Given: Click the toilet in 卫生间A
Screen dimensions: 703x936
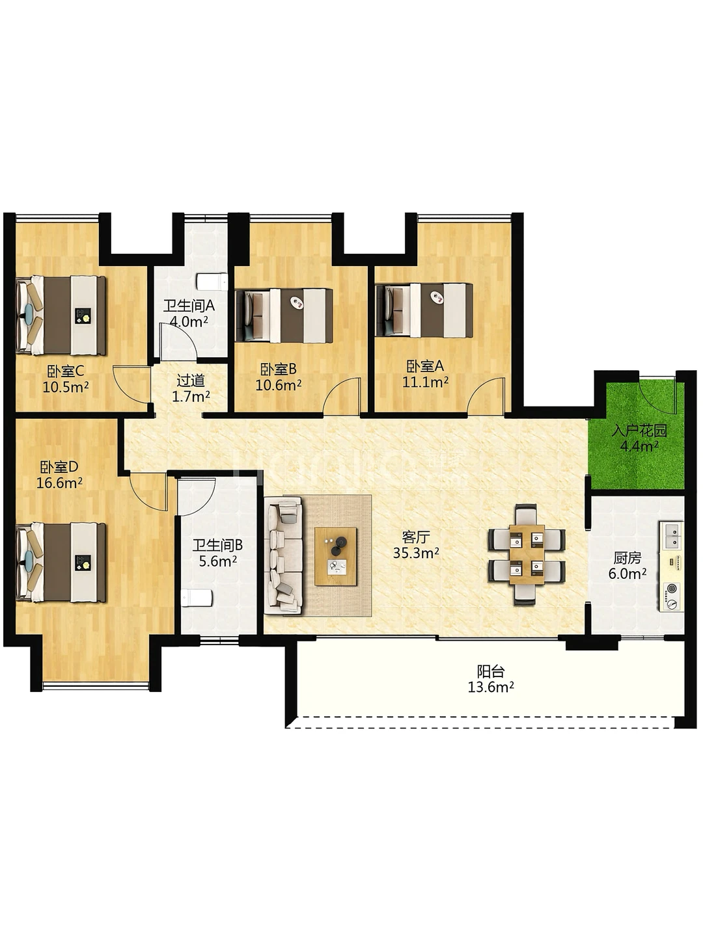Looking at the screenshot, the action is pyautogui.click(x=212, y=281).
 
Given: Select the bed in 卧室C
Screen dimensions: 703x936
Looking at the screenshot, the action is pyautogui.click(x=61, y=315).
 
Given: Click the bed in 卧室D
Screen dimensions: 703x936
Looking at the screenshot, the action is pyautogui.click(x=61, y=563).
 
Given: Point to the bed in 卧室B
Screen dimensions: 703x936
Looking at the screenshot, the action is pyautogui.click(x=284, y=316).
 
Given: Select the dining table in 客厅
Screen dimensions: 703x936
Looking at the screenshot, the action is pyautogui.click(x=527, y=554).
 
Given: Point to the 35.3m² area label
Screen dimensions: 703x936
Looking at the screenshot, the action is pyautogui.click(x=416, y=554).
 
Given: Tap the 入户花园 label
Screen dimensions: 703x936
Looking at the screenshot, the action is pyautogui.click(x=639, y=431).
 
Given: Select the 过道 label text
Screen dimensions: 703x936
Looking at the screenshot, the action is pyautogui.click(x=191, y=380).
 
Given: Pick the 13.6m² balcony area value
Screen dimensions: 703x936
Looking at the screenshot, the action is pyautogui.click(x=491, y=688).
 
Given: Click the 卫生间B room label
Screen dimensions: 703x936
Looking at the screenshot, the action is pyautogui.click(x=217, y=545).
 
